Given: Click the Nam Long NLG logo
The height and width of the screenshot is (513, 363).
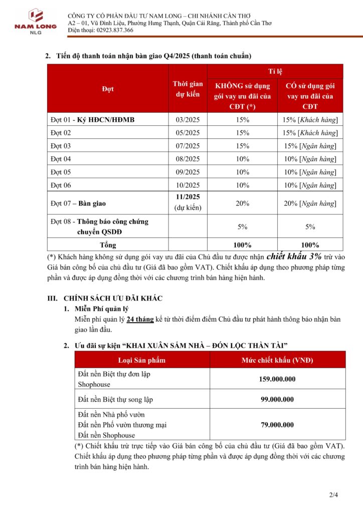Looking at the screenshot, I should coord(29,21).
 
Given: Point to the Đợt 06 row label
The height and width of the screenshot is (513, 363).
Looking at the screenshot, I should coord(61,185).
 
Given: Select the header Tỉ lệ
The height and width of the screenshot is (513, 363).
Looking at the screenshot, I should coord(276,71).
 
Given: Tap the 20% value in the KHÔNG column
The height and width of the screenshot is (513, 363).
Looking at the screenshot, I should coord(243,203).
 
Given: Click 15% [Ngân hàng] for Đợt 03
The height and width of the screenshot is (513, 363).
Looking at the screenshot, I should coord(310,146).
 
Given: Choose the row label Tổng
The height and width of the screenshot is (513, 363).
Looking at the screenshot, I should coord(108,245).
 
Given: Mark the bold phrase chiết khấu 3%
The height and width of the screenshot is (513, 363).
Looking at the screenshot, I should coord(294,255).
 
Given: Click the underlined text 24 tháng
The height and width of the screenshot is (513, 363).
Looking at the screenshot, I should coord(140,320).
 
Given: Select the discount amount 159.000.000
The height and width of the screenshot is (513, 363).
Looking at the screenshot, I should coord(277,379).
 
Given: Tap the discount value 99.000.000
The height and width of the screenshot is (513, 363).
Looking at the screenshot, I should coord(277,399).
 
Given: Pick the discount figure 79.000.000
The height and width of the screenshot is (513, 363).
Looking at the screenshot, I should coord(277,425).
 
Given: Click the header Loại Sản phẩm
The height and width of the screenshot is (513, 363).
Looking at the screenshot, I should coord(141,360).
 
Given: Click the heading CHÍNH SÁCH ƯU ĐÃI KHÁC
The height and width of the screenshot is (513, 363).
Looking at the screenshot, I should coord(113,298).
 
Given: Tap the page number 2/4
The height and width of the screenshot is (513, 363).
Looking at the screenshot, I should coord(334,495).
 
